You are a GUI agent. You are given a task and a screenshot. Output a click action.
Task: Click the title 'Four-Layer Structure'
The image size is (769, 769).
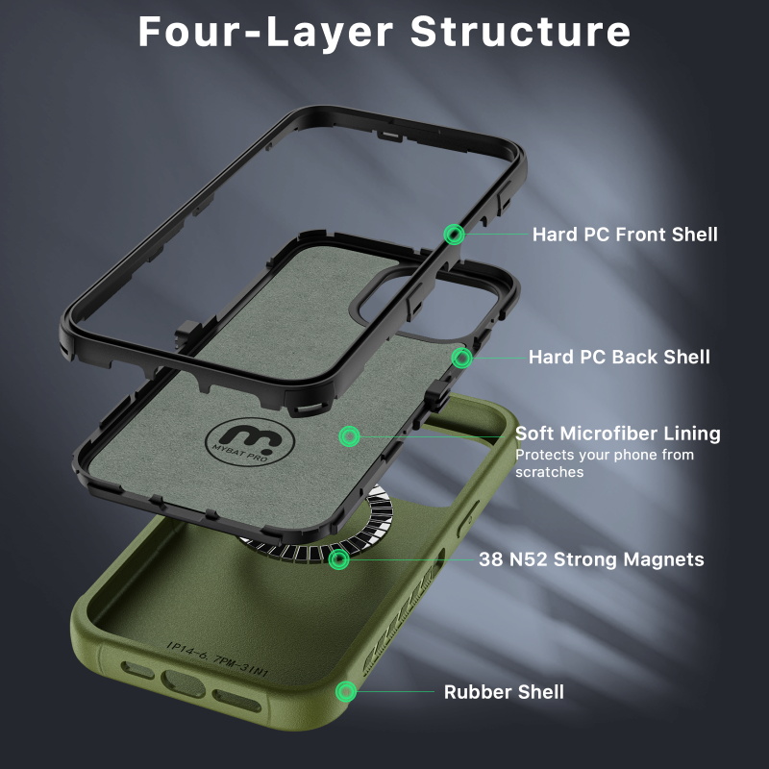coord(384,32)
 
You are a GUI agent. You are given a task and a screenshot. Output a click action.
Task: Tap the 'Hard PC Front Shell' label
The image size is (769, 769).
coord(625,235)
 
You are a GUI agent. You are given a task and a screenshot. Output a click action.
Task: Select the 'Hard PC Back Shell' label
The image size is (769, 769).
coord(619,357)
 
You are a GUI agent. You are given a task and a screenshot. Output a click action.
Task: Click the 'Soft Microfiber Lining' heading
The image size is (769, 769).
coord(617,434)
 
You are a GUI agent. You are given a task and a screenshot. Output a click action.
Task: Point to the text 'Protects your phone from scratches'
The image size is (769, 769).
coord(605,463)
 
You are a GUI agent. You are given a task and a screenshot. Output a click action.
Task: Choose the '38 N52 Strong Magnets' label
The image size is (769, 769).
coord(591,559)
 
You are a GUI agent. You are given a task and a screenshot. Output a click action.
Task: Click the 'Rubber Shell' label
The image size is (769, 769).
coord(504,692)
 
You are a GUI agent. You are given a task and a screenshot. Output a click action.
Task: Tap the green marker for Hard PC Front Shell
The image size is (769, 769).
coord(454,235)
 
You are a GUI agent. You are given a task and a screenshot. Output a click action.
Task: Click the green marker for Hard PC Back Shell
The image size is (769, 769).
coord(461,358)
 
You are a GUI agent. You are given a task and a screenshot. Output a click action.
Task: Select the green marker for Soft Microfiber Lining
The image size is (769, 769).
coord(349,436)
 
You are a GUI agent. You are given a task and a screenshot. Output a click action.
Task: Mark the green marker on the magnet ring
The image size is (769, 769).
coord(338,559)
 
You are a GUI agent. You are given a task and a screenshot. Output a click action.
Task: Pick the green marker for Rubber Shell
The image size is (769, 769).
coord(346,691)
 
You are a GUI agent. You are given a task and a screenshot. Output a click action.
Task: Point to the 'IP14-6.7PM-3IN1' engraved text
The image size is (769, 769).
coord(217,658)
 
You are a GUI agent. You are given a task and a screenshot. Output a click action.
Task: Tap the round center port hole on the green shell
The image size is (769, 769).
coord(184,683)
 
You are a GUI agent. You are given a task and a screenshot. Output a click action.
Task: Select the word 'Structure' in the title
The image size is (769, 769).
coord(520,32)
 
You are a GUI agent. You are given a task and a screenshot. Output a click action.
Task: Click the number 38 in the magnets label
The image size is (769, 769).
coord(491,559)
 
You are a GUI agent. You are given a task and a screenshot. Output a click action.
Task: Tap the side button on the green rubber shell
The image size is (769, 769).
coord(467,518)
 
